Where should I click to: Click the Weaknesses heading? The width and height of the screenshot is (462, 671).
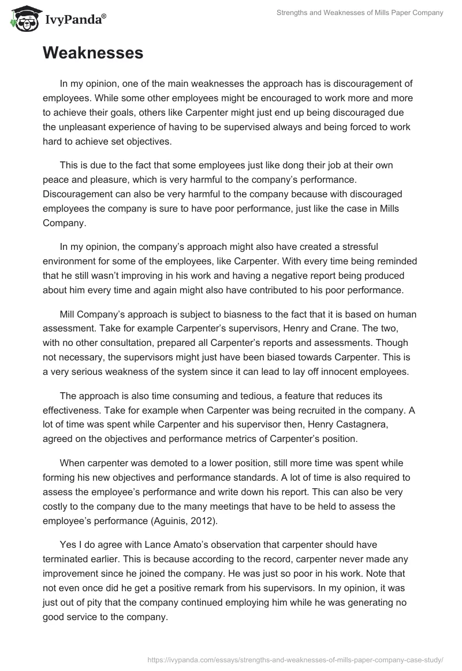pos(93,53)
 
